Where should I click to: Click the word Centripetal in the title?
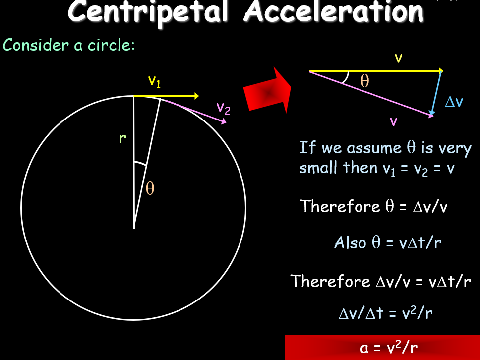pos(149,12)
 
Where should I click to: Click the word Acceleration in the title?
pos(334,12)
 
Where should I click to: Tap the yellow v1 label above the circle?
pos(155,81)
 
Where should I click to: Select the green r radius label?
pos(122,139)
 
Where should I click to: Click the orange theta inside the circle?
pos(150,189)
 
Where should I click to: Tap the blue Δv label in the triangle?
pos(454,102)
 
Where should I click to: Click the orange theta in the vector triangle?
pos(365,81)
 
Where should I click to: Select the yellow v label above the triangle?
pos(398,59)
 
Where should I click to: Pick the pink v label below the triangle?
pos(393,121)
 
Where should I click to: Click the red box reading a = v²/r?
pos(382,347)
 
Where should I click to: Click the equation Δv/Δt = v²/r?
pos(382,313)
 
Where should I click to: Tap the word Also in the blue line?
pos(350,243)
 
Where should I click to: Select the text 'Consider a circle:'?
pos(69,45)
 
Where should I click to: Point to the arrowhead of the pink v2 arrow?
pos(224,121)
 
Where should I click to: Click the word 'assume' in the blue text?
pos(367,148)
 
